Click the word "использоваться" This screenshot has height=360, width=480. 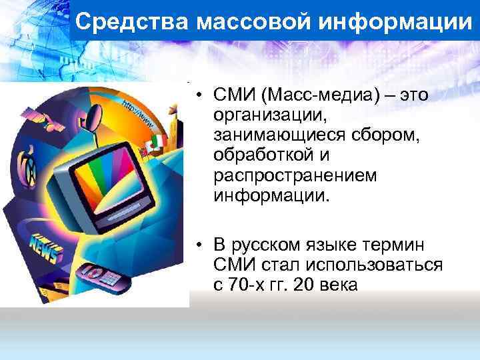pos(363,265)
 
